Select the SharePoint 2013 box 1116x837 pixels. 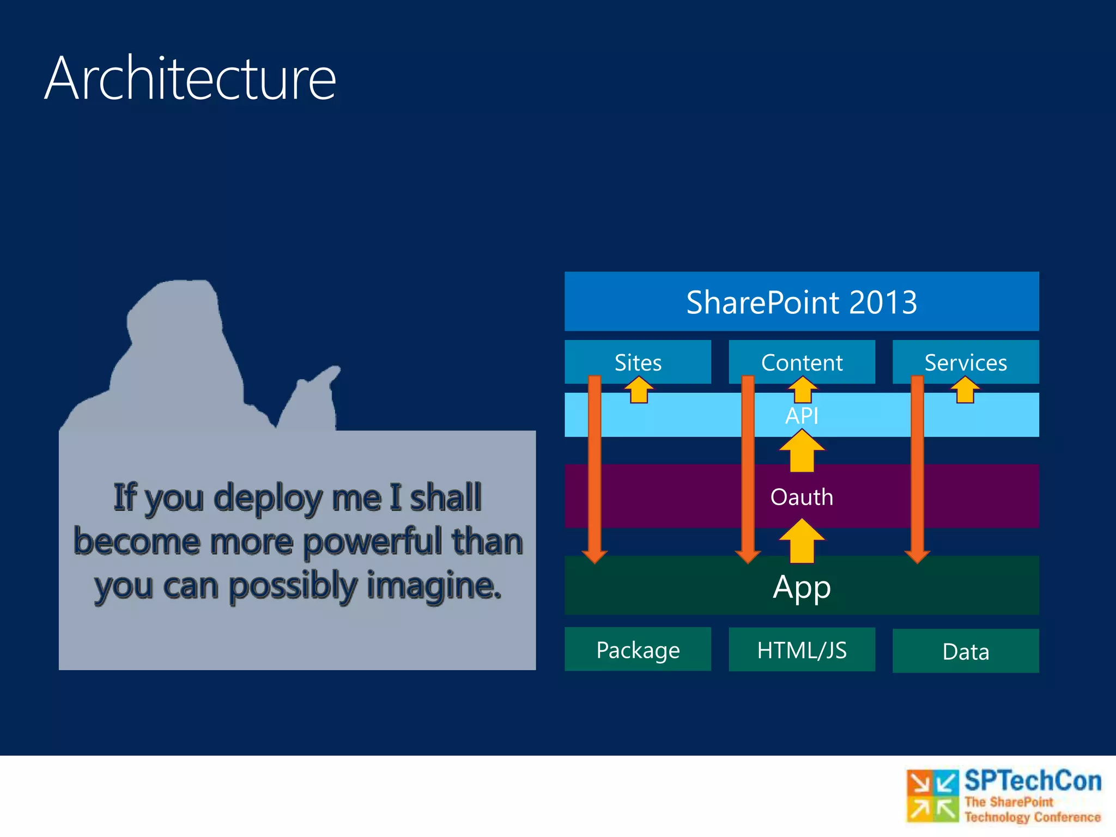pyautogui.click(x=801, y=301)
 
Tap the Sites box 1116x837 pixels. pyautogui.click(x=638, y=362)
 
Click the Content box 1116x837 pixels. pyautogui.click(x=801, y=362)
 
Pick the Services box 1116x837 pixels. pyautogui.click(x=965, y=362)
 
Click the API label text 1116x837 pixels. pyautogui.click(x=801, y=416)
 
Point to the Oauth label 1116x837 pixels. pyautogui.click(x=801, y=497)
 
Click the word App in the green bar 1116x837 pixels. pyautogui.click(x=801, y=587)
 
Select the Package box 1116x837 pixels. pyautogui.click(x=638, y=650)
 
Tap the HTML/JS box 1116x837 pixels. pyautogui.click(x=801, y=650)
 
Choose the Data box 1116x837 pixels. pyautogui.click(x=965, y=651)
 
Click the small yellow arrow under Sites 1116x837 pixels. pyautogui.click(x=639, y=390)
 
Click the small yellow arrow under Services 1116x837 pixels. pyautogui.click(x=965, y=390)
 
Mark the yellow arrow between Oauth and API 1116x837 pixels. pyautogui.click(x=801, y=451)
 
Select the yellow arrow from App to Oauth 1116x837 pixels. pyautogui.click(x=801, y=541)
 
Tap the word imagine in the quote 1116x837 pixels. pyautogui.click(x=433, y=586)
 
